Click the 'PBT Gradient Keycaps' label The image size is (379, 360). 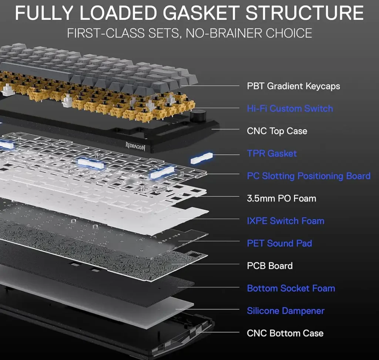click(294, 86)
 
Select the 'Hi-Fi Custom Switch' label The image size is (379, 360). click(290, 109)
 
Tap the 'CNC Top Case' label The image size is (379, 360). click(277, 131)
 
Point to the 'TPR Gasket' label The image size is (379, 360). click(272, 153)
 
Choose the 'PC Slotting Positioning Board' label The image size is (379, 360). click(309, 176)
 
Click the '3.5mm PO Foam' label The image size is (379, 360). click(281, 199)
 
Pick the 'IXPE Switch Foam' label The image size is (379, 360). click(285, 221)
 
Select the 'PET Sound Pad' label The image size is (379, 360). click(279, 243)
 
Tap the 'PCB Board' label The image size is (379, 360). click(270, 266)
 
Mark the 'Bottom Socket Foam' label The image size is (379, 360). click(291, 288)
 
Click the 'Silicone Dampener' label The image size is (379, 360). click(286, 311)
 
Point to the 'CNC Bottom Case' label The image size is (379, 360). click(285, 333)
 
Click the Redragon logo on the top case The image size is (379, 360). click(135, 146)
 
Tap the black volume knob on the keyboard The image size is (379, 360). click(198, 116)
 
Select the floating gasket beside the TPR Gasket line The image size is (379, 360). click(202, 158)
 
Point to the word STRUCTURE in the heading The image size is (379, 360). click(305, 13)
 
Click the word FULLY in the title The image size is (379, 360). click(44, 13)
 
